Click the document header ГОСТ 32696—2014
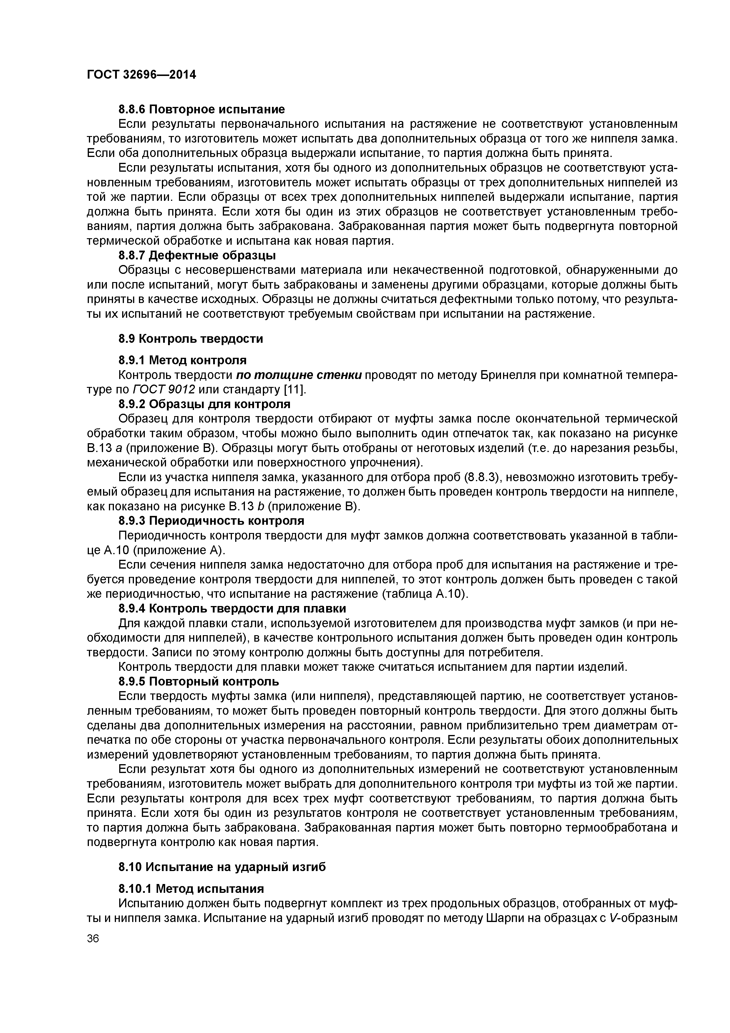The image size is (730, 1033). point(141,75)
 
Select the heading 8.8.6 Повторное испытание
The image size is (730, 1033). point(202,109)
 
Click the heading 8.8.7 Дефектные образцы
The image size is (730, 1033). point(197,256)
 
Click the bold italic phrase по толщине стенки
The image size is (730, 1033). point(299,375)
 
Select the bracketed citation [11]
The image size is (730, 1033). point(295,390)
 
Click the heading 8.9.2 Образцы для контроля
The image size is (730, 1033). point(204,404)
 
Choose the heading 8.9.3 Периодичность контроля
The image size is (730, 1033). point(211,521)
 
